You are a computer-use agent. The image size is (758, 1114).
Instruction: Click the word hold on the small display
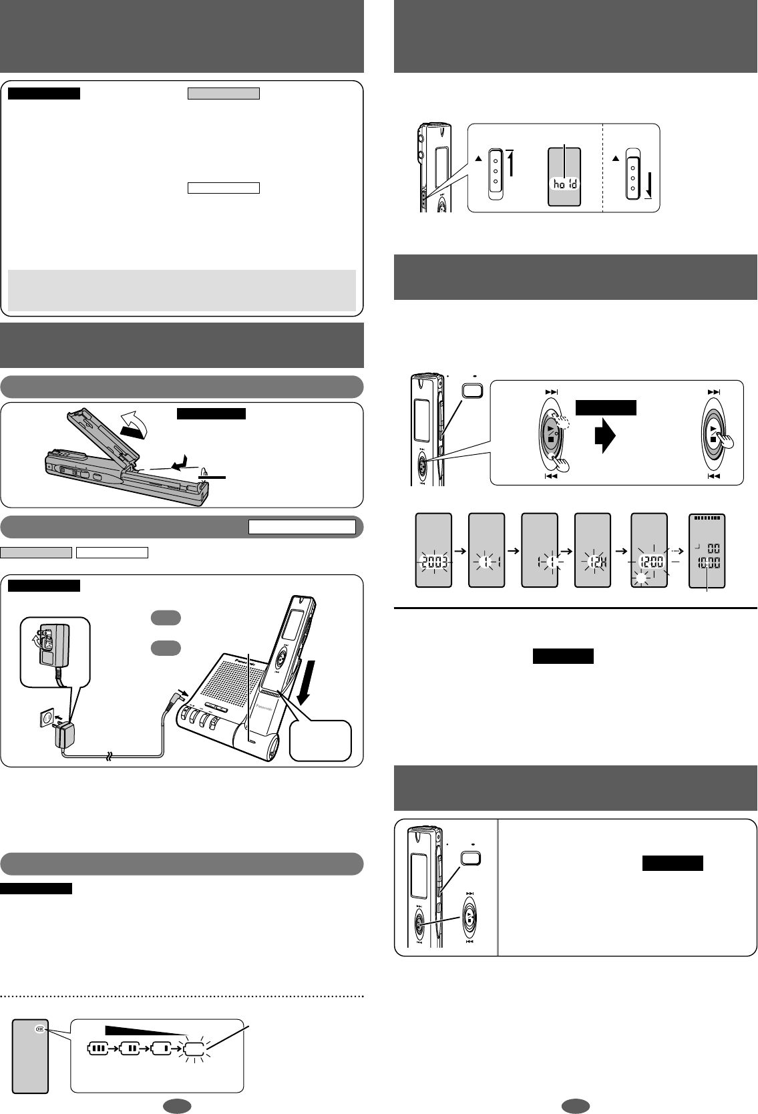point(565,183)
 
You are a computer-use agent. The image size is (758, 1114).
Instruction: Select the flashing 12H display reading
point(592,562)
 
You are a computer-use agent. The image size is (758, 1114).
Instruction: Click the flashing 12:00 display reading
point(649,562)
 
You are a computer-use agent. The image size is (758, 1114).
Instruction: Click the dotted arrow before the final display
point(678,551)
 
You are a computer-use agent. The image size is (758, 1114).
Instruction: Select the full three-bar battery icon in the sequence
point(98,1049)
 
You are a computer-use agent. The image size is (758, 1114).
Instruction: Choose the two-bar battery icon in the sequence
point(130,1049)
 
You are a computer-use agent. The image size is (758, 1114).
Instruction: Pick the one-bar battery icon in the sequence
point(162,1049)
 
